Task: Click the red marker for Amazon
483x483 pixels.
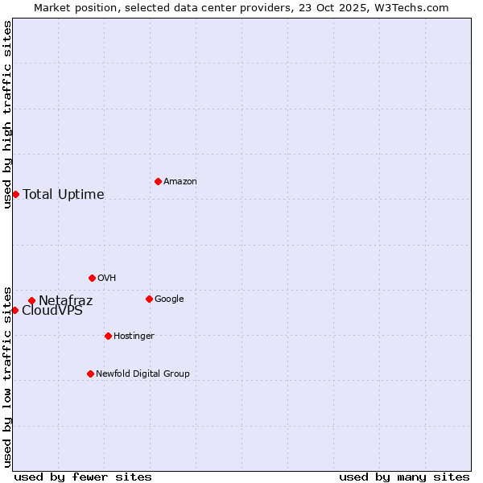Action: click(x=158, y=181)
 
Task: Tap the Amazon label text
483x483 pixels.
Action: click(x=180, y=182)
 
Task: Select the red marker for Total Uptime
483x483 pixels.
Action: click(x=15, y=194)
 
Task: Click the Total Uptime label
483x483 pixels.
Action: click(x=64, y=195)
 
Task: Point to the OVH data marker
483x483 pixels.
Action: click(x=92, y=278)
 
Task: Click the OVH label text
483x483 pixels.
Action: click(x=107, y=279)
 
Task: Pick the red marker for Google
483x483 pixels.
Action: click(x=149, y=299)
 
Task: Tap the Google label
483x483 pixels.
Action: click(x=169, y=299)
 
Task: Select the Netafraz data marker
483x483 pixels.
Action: click(x=31, y=301)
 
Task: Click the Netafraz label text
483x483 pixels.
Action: click(x=66, y=301)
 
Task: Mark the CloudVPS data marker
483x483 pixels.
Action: click(x=14, y=310)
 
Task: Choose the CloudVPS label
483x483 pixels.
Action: click(x=52, y=312)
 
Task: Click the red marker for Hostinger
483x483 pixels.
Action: click(x=108, y=336)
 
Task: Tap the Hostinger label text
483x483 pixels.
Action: click(x=134, y=336)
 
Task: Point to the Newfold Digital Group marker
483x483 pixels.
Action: click(x=90, y=374)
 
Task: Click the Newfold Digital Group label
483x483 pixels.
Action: click(x=142, y=374)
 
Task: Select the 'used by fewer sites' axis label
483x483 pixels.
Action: click(x=83, y=477)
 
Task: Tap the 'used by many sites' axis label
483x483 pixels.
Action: click(x=404, y=477)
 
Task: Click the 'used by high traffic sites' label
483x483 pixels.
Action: click(x=7, y=114)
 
